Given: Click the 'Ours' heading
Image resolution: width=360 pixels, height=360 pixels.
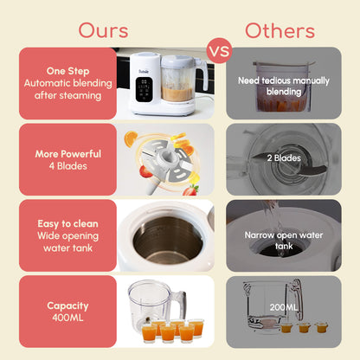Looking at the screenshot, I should [x=103, y=30].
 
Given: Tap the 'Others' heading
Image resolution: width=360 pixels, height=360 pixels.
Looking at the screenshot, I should [x=279, y=30].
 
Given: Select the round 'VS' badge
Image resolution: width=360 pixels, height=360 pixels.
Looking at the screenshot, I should [x=220, y=49].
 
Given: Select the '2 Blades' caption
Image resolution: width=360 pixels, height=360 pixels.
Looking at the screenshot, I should [x=285, y=157].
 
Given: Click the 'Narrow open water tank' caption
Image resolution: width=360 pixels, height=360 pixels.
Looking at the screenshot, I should [x=284, y=241].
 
